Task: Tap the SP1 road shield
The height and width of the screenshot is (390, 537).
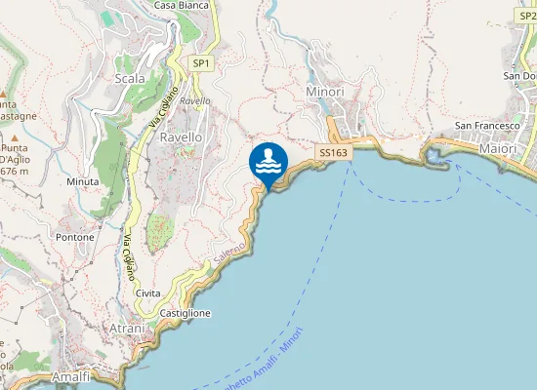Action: tap(200, 63)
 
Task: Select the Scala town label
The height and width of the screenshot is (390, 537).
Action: tap(130, 79)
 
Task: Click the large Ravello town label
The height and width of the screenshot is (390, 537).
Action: tap(181, 137)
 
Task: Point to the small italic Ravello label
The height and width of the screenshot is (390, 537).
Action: tap(195, 101)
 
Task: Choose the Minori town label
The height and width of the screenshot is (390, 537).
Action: tap(325, 92)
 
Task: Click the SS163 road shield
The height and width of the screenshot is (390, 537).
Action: tap(333, 153)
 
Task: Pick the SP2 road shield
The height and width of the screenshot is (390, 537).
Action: tap(528, 16)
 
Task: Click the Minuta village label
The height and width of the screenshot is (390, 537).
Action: tap(83, 182)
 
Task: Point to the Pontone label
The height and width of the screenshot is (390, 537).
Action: tap(75, 237)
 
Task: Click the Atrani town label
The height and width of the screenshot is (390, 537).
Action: tap(127, 329)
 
